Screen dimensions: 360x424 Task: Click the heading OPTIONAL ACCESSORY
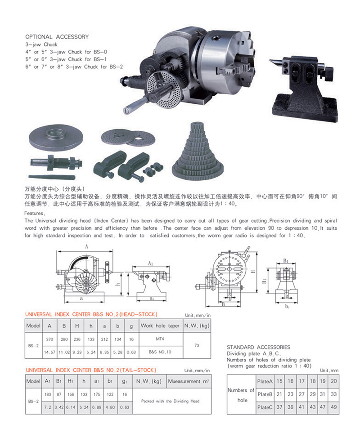click(x=57, y=37)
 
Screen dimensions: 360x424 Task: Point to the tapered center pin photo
click(x=52, y=178)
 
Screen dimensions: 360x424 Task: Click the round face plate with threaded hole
click(x=56, y=138)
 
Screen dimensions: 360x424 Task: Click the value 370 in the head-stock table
click(x=49, y=339)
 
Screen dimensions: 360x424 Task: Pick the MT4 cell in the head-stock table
click(x=160, y=339)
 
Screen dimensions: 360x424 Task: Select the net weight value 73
click(x=197, y=345)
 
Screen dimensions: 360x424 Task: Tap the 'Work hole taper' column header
click(x=160, y=326)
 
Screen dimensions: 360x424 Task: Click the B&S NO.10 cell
click(x=160, y=352)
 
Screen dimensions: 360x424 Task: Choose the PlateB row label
click(x=265, y=394)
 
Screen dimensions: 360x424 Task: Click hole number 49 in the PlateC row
click(x=334, y=407)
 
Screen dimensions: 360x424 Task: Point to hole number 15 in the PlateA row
click(x=279, y=381)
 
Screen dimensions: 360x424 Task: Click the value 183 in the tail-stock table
click(x=48, y=394)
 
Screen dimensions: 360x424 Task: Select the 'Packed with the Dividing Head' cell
click(x=170, y=401)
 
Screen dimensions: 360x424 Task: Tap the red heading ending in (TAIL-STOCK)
click(x=91, y=370)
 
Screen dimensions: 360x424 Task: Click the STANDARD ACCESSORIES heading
click(x=258, y=347)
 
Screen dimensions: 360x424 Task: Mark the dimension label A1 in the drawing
click(x=150, y=263)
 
